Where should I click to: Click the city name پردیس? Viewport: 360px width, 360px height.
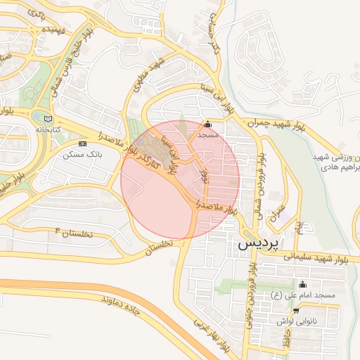coord(260,244)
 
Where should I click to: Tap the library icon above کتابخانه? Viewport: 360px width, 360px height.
coord(47,117)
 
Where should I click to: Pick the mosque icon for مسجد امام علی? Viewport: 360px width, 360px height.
coord(303,285)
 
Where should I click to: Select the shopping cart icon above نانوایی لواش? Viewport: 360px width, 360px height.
coord(296,310)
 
